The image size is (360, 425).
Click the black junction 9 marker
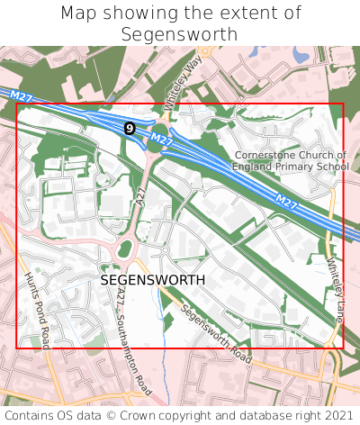pyautogui.click(x=130, y=129)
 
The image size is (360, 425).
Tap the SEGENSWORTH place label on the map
pyautogui.click(x=153, y=280)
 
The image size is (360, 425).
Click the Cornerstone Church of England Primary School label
pyautogui.click(x=290, y=160)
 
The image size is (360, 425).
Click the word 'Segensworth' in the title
pyautogui.click(x=180, y=34)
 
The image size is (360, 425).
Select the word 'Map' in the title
pyautogui.click(x=78, y=14)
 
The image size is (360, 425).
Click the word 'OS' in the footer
pyautogui.click(x=69, y=415)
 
